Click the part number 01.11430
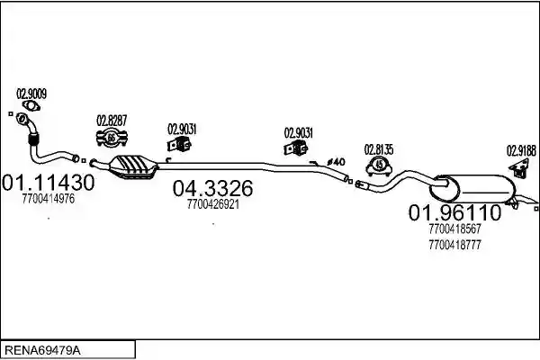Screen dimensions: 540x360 [x=49, y=183]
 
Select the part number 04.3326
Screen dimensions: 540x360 [x=212, y=188]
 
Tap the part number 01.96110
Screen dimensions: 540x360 [x=454, y=212]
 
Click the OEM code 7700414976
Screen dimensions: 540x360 [x=49, y=199]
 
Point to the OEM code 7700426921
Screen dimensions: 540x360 [x=213, y=204]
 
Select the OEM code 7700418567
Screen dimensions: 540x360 [x=454, y=229]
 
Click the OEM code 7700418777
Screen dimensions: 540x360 [x=454, y=245]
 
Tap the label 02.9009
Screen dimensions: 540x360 [x=31, y=94]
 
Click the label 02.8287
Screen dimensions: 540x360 [x=112, y=121]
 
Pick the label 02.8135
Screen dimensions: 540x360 [x=379, y=150]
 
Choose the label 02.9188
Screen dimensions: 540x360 [x=521, y=150]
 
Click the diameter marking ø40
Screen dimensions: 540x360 [x=336, y=162]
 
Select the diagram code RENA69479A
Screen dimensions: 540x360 [x=42, y=350]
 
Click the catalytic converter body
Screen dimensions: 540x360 [x=133, y=167]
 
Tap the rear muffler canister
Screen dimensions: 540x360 [x=472, y=188]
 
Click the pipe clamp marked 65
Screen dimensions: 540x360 [x=112, y=138]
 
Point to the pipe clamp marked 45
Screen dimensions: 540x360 [x=379, y=166]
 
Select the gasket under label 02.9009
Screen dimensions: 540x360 [x=31, y=105]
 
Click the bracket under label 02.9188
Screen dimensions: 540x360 [x=519, y=167]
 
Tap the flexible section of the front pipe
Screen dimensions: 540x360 [x=33, y=139]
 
